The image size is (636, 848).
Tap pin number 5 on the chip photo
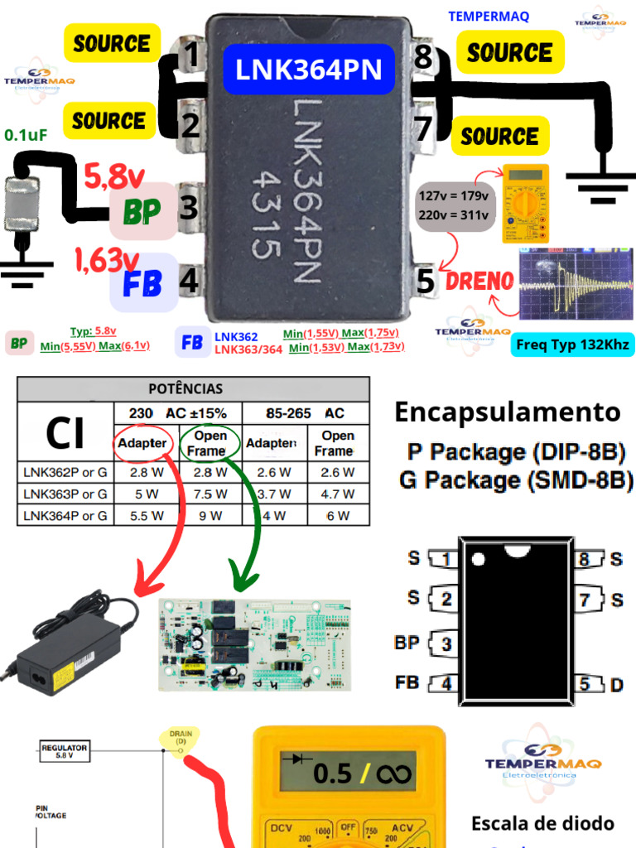[426, 282]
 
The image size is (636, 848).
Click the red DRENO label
[480, 281]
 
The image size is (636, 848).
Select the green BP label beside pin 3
[142, 212]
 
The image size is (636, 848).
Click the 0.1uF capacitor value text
[26, 135]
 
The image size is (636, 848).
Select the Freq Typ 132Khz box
[572, 344]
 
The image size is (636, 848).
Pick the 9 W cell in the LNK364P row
[210, 515]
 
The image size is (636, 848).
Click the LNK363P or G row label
[65, 494]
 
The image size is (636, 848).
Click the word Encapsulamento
[507, 412]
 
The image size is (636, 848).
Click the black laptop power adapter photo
[70, 642]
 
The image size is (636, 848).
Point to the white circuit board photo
[254, 643]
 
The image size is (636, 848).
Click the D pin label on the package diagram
[616, 684]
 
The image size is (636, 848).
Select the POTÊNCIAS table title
[185, 388]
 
